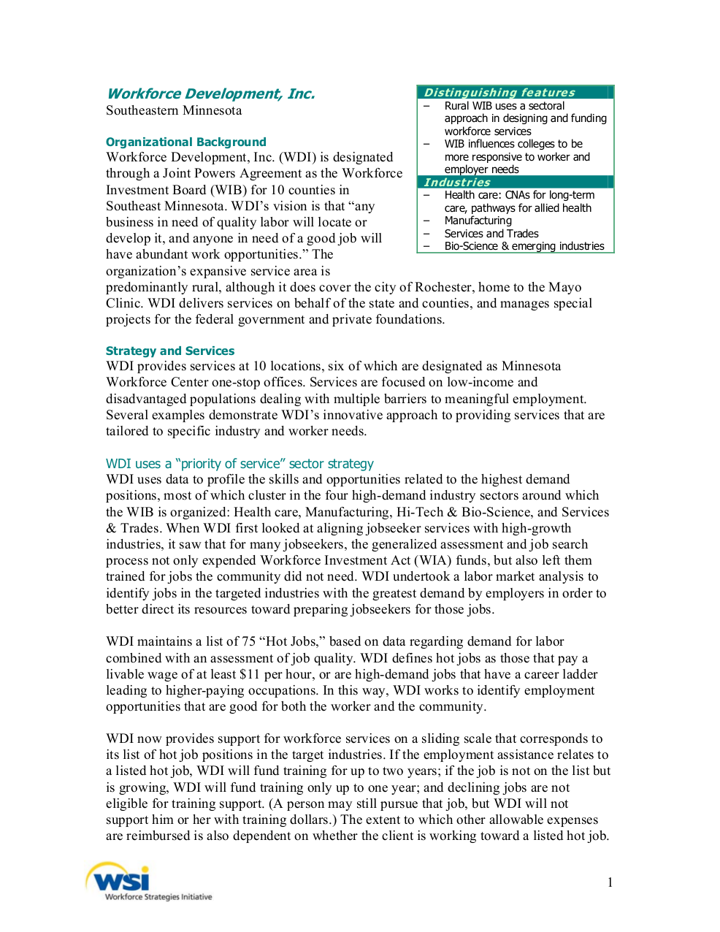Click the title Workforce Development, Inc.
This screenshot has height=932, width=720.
click(210, 93)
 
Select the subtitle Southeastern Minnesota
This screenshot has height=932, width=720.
click(174, 110)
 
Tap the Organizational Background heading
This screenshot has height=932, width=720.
click(185, 142)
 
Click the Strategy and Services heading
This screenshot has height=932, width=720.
click(170, 351)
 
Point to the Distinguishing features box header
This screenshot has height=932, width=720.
click(499, 93)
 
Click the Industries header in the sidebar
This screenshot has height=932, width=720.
click(457, 183)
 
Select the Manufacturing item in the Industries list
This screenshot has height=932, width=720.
click(478, 221)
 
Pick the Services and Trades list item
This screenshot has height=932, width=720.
click(491, 234)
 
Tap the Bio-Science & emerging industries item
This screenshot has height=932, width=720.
click(524, 246)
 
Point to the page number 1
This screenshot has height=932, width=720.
click(610, 882)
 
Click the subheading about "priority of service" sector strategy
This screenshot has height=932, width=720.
click(240, 464)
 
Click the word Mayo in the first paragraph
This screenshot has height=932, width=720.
click(565, 287)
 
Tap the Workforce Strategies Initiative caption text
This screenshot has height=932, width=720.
click(158, 897)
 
